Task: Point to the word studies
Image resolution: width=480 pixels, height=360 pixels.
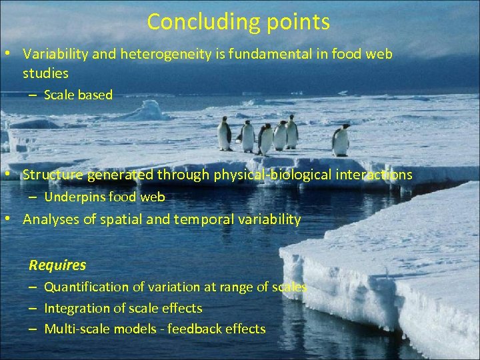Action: tap(45, 73)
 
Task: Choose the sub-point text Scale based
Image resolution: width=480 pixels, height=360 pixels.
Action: tap(78, 95)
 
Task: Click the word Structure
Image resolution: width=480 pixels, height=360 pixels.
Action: tap(51, 175)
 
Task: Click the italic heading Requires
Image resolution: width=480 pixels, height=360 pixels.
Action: tap(57, 265)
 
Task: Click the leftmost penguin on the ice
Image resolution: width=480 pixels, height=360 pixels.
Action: tap(225, 133)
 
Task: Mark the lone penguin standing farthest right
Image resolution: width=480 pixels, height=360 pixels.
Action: tap(341, 140)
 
